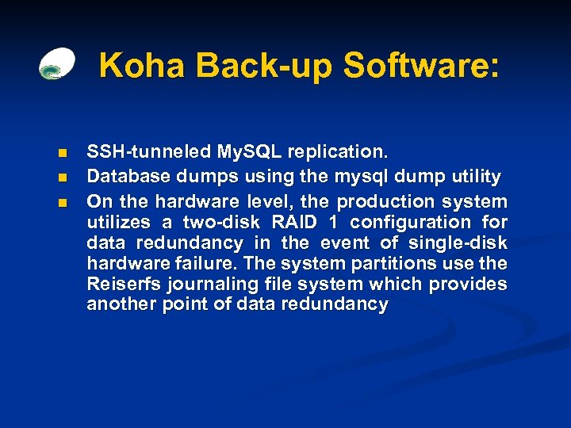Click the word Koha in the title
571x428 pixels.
click(141, 66)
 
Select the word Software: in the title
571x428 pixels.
click(422, 66)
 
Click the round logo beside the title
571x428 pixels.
click(57, 64)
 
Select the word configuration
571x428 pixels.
click(408, 222)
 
